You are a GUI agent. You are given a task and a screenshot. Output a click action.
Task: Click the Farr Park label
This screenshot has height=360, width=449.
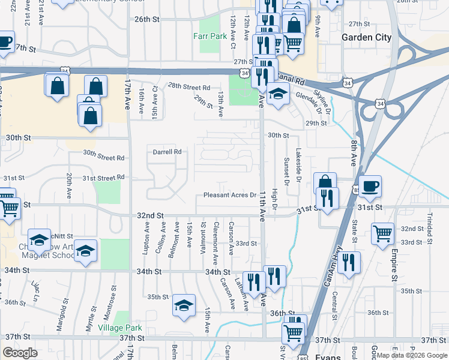[210, 36]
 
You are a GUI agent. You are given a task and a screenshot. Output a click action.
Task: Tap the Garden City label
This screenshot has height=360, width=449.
[366, 37]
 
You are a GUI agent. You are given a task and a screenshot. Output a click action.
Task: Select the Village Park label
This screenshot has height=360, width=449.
[122, 328]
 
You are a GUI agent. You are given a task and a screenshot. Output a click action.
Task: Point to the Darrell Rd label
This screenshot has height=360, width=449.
[167, 152]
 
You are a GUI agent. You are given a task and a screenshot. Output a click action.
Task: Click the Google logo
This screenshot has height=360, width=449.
[19, 353]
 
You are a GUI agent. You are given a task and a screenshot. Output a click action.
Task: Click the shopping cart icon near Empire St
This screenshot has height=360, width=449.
[382, 233]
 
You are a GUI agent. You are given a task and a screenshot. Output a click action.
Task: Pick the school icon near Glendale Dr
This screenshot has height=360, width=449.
[279, 94]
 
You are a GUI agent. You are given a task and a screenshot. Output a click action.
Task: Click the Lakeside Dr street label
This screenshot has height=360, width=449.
[297, 167]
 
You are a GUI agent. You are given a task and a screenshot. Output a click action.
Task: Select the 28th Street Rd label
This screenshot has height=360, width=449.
[189, 86]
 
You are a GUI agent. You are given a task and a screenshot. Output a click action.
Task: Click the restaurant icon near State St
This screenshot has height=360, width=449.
[348, 262]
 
